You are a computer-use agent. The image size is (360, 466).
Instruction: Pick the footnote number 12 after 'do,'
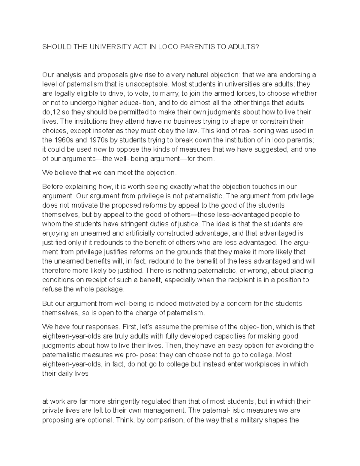(55, 112)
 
